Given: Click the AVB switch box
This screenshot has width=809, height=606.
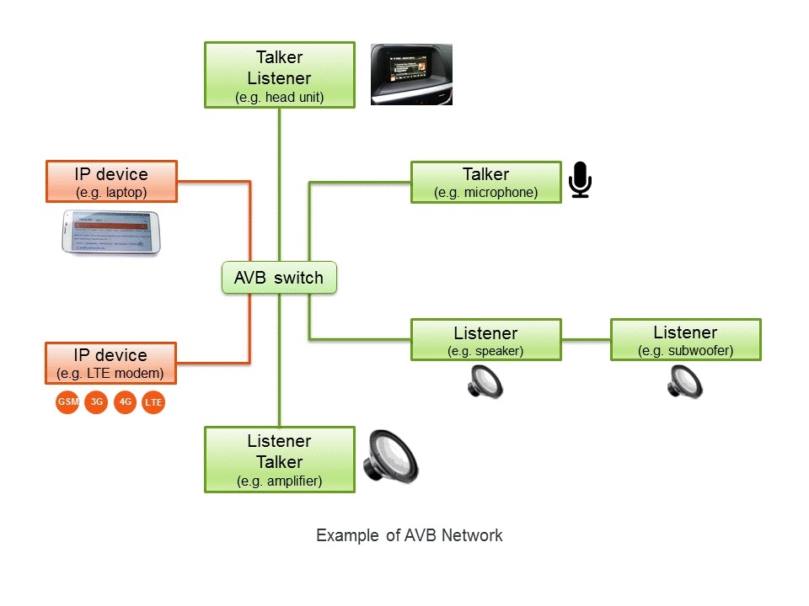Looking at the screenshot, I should click(279, 278).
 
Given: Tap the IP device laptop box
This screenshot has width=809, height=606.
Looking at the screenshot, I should click(111, 182).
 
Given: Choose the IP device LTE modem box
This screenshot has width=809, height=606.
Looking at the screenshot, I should click(111, 363).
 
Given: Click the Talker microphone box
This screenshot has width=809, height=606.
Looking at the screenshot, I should click(485, 183).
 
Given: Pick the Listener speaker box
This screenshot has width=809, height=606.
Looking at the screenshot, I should click(485, 340).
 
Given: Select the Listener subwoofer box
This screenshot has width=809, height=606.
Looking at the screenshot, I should click(685, 340).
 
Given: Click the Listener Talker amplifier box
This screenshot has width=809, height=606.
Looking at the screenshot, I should click(279, 460).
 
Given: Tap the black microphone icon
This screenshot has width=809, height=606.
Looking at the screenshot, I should click(580, 180).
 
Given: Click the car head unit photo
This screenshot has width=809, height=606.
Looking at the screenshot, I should click(412, 74).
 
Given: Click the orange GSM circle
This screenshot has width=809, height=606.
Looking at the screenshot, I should click(67, 402).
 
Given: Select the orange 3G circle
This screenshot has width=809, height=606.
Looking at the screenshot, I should click(97, 402).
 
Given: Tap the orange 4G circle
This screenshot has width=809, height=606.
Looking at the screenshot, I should click(126, 402).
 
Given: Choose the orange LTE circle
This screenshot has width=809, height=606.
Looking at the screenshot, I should click(153, 403).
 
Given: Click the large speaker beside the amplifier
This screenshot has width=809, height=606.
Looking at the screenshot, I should click(390, 460).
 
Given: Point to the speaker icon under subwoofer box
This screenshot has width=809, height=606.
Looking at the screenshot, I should click(685, 381).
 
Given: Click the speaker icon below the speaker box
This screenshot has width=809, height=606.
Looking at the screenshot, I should click(485, 381).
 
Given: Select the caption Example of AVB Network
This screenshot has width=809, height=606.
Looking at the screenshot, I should click(409, 535).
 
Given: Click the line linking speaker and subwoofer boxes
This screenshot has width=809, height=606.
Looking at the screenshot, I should click(586, 340).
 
